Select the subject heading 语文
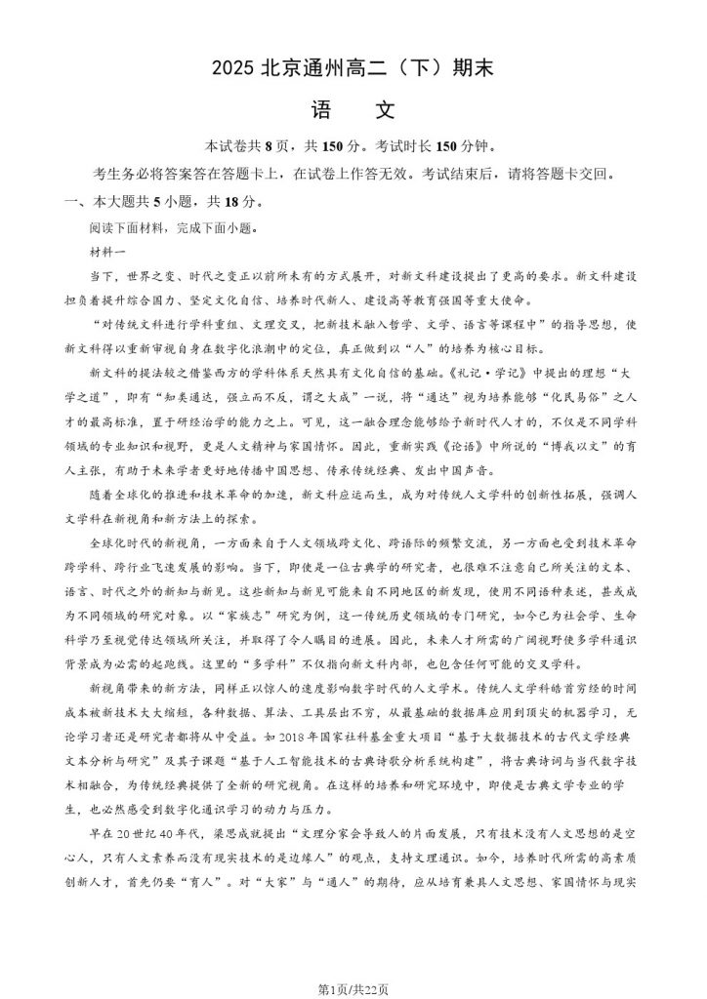coord(353,109)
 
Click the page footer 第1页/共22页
coord(353,983)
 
